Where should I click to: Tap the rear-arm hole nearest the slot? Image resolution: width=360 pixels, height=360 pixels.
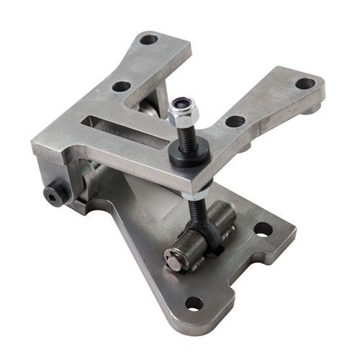pos(122,86)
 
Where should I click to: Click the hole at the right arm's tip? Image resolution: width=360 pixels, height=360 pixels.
pos(305,84)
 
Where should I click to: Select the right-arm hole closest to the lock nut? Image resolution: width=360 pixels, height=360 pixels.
pos(234,121)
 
